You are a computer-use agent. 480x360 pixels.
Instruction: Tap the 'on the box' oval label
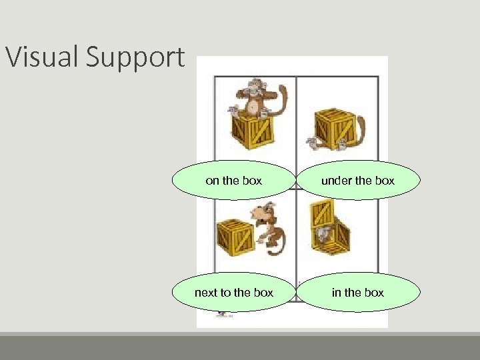pos(234,181)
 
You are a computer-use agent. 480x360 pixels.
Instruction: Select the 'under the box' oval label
pos(358,181)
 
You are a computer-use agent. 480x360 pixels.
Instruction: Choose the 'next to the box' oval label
pos(234,293)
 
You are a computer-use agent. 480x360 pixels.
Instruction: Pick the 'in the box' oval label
pos(358,293)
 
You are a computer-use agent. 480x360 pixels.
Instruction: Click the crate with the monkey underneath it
pos(333,127)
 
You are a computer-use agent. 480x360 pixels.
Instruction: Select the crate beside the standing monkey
pos(234,237)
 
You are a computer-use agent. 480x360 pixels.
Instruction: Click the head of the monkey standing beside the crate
pos(263,213)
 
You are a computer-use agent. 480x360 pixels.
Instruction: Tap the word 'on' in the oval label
pos(213,181)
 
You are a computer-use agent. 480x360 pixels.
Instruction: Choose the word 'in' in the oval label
pos(337,293)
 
